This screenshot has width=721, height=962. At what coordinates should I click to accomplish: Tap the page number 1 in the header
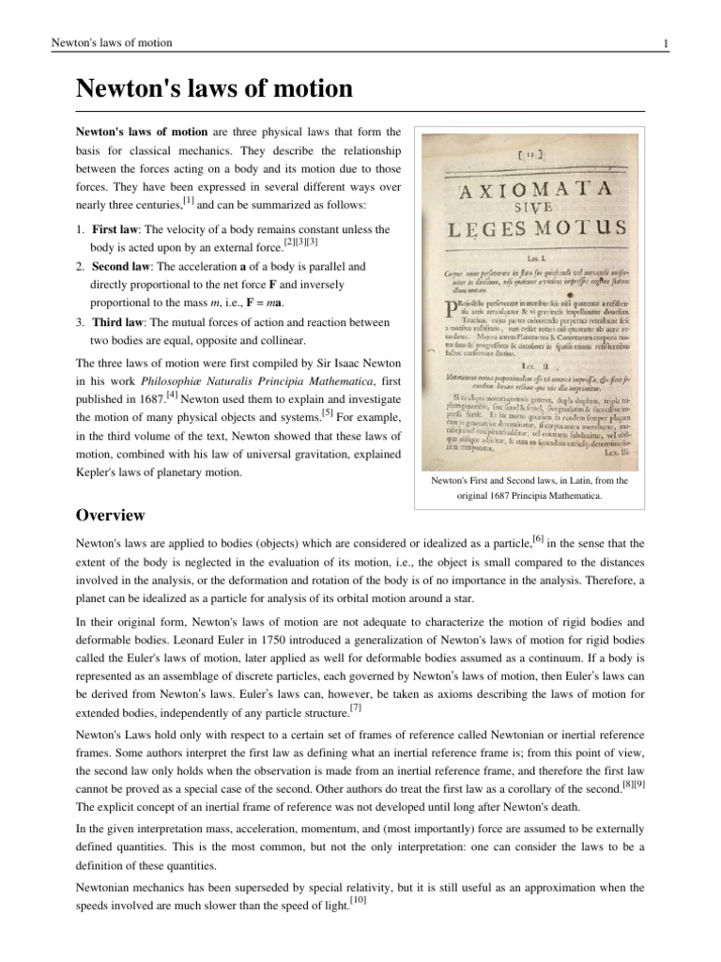click(664, 43)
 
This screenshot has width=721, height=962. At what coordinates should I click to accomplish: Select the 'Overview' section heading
click(110, 515)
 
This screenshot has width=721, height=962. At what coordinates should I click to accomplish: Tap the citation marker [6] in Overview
click(539, 537)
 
